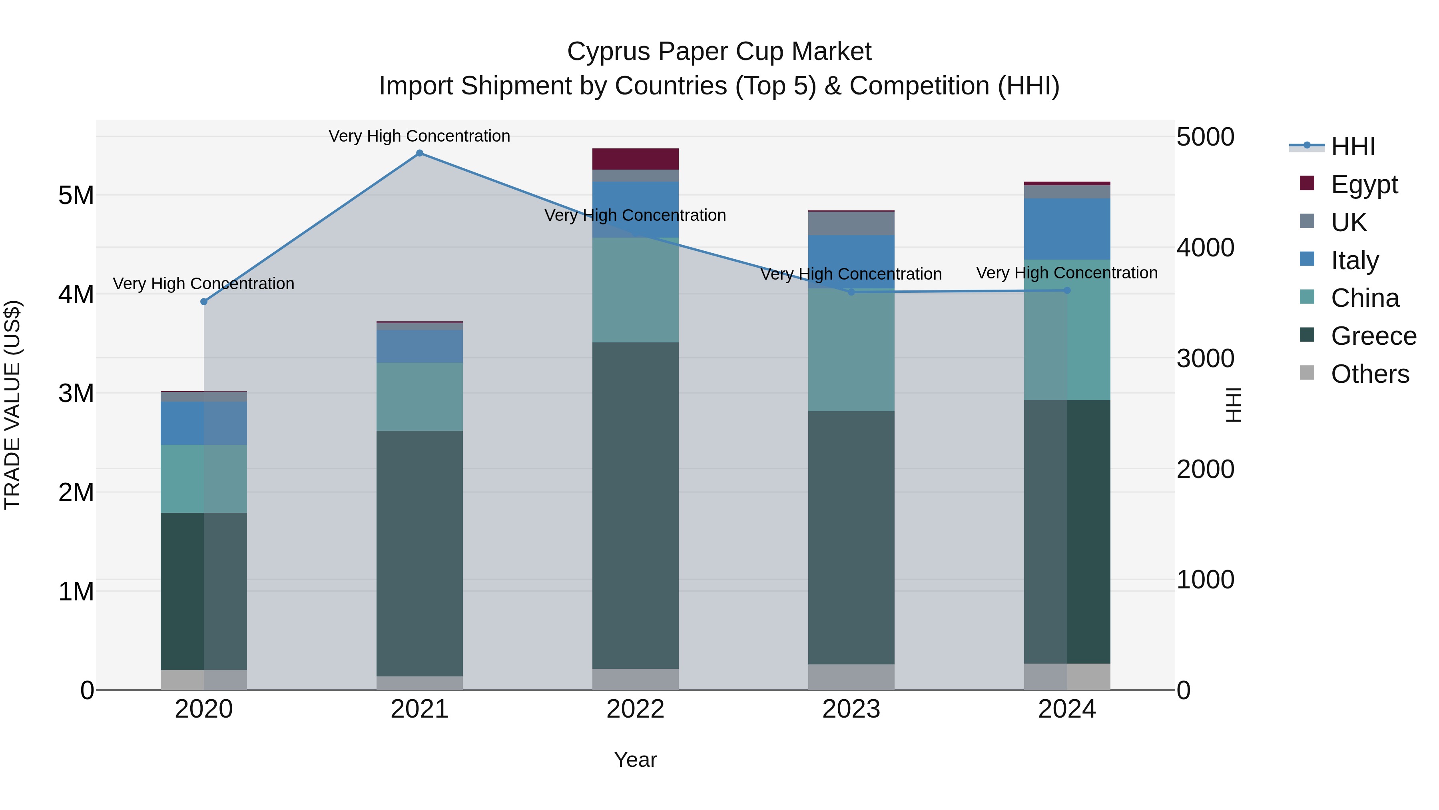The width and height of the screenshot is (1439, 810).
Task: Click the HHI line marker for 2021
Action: pyautogui.click(x=420, y=153)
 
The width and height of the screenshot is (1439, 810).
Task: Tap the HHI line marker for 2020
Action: pyautogui.click(x=204, y=302)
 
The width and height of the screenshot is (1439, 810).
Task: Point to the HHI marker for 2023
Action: pyautogui.click(x=851, y=292)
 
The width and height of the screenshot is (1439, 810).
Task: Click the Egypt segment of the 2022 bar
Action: pyautogui.click(x=635, y=159)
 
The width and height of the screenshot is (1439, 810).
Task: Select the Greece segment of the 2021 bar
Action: pyautogui.click(x=420, y=554)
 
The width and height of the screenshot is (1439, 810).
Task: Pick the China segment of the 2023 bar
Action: pyautogui.click(x=851, y=350)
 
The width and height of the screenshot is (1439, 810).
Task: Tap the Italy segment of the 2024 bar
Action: pyautogui.click(x=1067, y=229)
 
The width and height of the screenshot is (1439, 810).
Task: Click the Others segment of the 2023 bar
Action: pyautogui.click(x=851, y=677)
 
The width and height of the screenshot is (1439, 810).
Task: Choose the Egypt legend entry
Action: pyautogui.click(x=1363, y=184)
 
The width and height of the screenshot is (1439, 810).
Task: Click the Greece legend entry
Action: pyautogui.click(x=1373, y=336)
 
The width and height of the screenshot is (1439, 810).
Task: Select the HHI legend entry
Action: pyautogui.click(x=1352, y=146)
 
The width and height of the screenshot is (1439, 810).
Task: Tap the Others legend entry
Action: pyautogui.click(x=1370, y=374)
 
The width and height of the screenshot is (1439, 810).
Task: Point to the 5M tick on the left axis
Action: pyautogui.click(x=76, y=196)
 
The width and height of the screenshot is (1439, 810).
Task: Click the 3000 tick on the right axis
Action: pyautogui.click(x=1205, y=358)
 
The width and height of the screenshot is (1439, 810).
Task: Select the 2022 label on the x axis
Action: pyautogui.click(x=635, y=709)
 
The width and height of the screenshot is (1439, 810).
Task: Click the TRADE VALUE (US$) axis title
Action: pyautogui.click(x=12, y=405)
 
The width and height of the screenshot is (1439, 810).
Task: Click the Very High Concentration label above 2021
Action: pyautogui.click(x=420, y=136)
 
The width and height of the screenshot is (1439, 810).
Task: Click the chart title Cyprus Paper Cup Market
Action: pyautogui.click(x=719, y=52)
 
